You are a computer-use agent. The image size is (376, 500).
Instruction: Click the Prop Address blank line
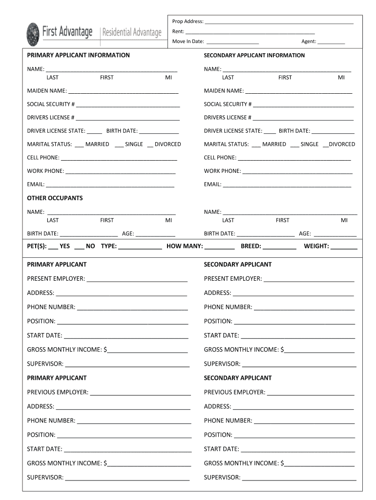point(279,22)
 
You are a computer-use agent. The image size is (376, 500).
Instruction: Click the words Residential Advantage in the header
point(131,33)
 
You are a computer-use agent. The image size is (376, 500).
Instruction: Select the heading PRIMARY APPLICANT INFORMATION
point(78,55)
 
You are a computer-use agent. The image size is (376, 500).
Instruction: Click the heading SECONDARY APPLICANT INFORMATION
point(254,55)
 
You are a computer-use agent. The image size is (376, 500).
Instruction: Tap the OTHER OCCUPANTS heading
point(55,198)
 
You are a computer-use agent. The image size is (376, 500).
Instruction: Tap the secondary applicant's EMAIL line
point(287,185)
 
